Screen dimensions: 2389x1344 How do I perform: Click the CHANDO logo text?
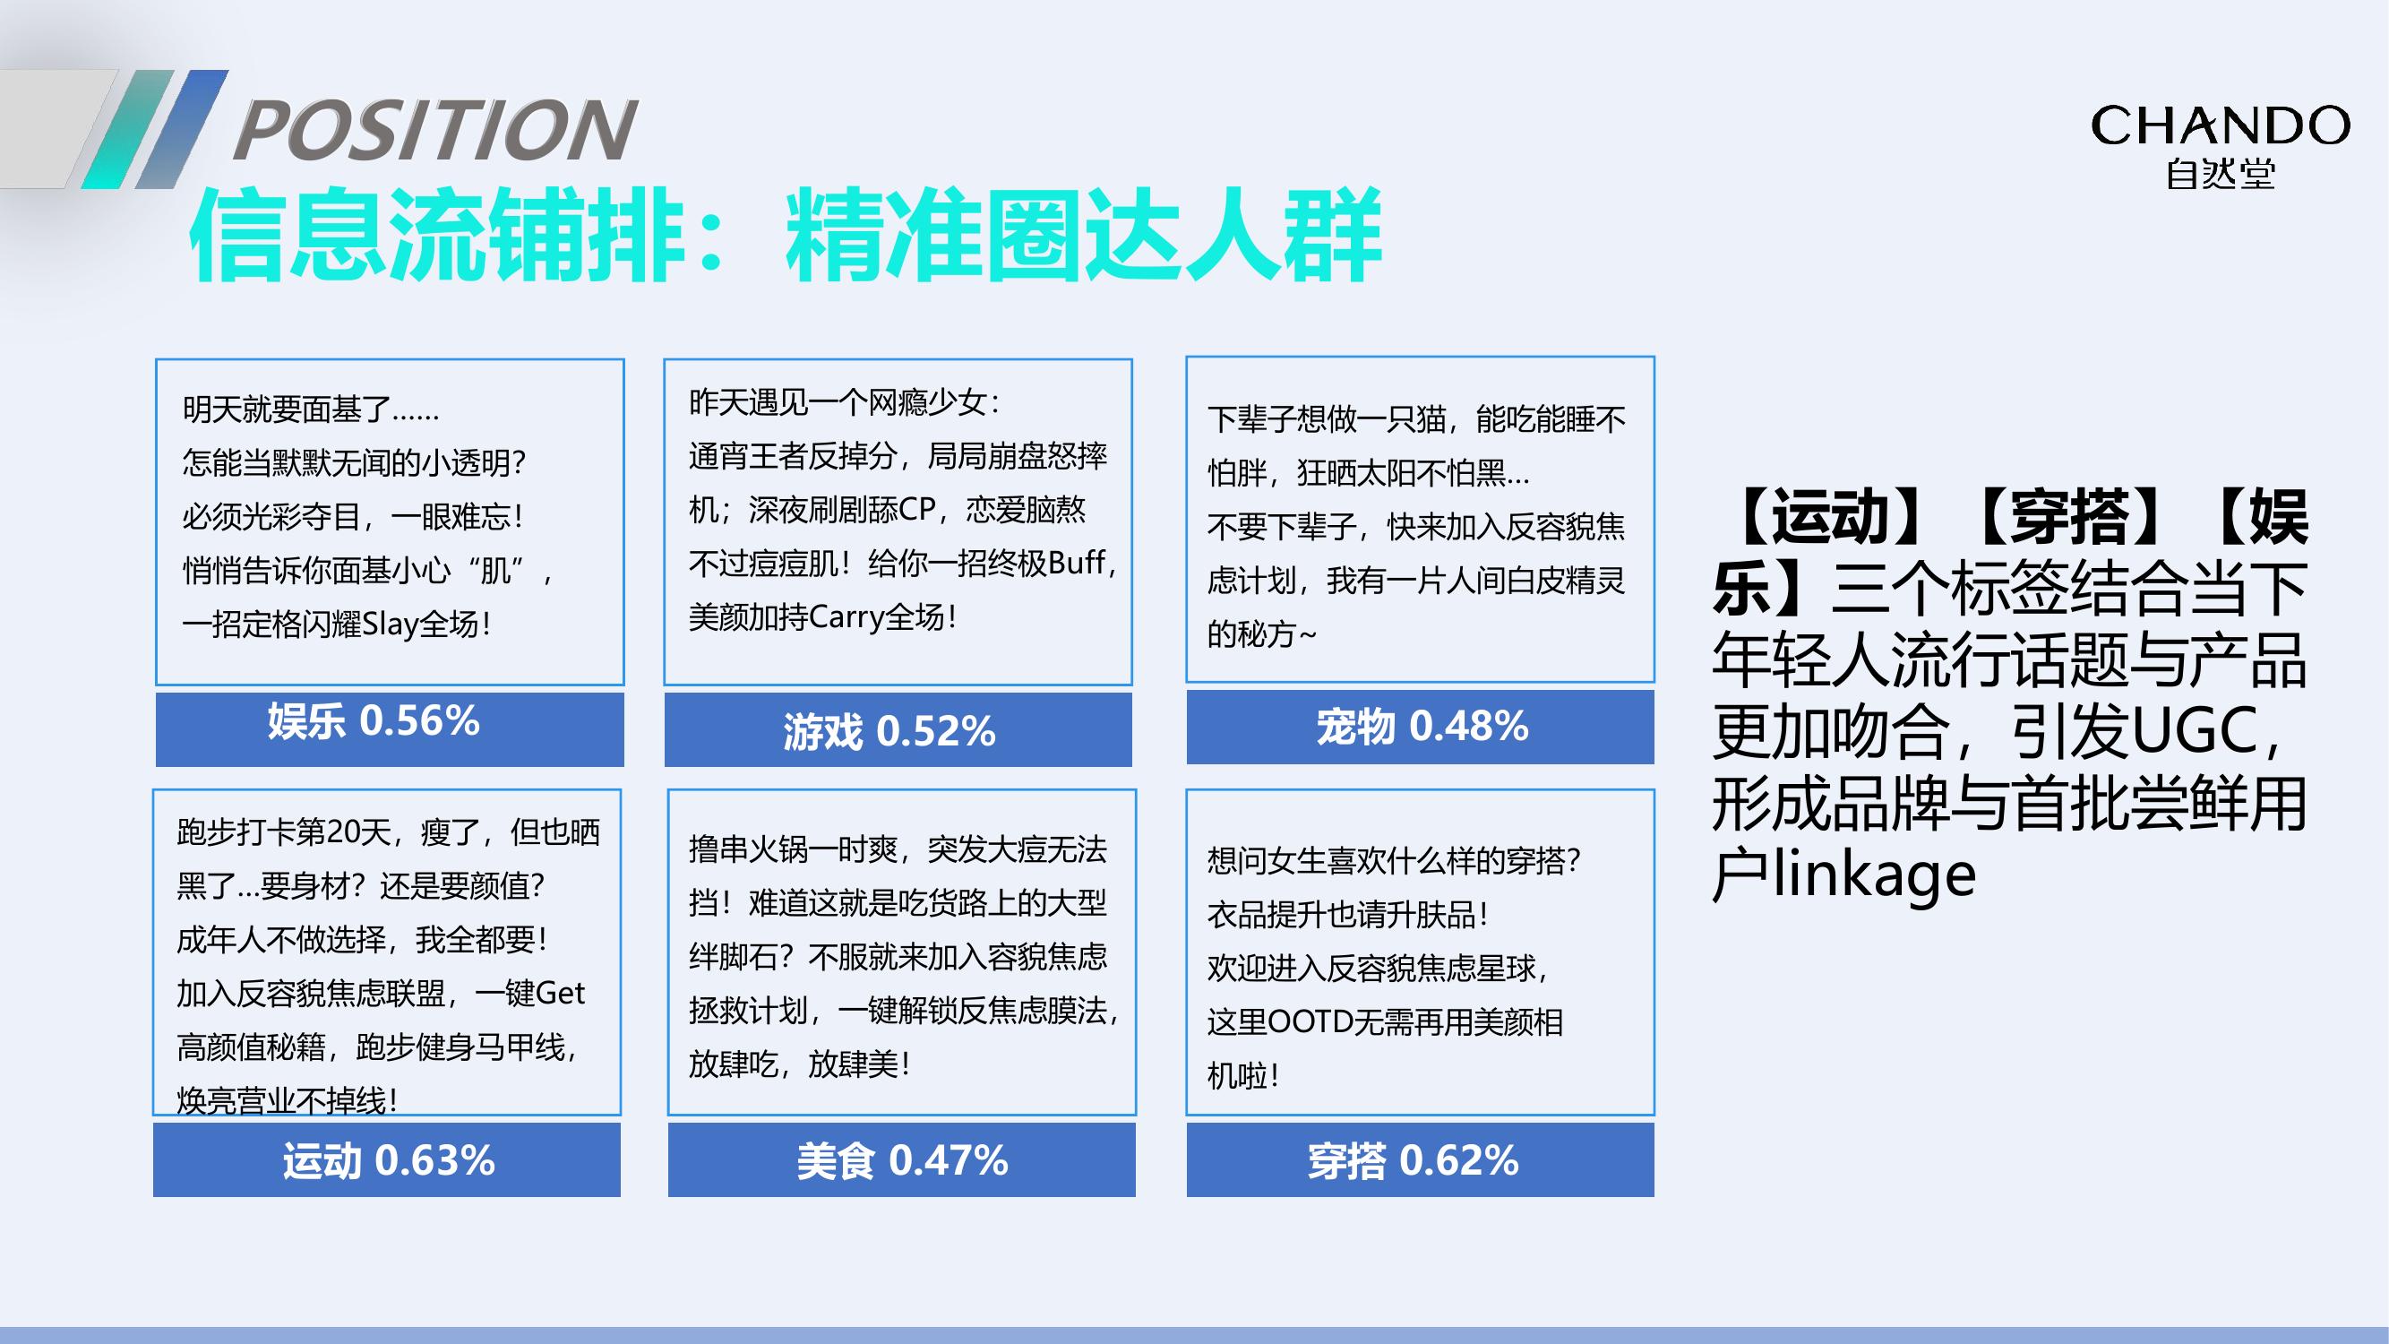[x=2221, y=125]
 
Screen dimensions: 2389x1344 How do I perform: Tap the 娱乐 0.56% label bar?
[x=390, y=729]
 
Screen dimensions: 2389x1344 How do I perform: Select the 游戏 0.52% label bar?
[x=898, y=729]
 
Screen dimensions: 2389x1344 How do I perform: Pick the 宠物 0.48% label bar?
[x=1420, y=727]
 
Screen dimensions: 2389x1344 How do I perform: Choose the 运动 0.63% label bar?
[x=387, y=1159]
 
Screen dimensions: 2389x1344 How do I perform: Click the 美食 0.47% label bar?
[x=901, y=1159]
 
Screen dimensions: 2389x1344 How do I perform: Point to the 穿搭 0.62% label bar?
[x=1420, y=1159]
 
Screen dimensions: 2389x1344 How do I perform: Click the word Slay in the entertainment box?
[x=390, y=625]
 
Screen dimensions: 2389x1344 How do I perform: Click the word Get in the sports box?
[x=560, y=994]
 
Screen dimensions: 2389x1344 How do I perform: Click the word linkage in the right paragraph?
[x=1874, y=874]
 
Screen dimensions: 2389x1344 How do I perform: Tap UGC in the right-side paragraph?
[x=2195, y=732]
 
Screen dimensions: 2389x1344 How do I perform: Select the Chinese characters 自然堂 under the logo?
[x=2221, y=175]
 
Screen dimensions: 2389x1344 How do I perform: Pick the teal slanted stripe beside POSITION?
[x=128, y=129]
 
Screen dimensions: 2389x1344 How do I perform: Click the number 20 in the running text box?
[x=339, y=832]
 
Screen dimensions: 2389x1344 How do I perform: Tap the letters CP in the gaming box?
[x=916, y=509]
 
